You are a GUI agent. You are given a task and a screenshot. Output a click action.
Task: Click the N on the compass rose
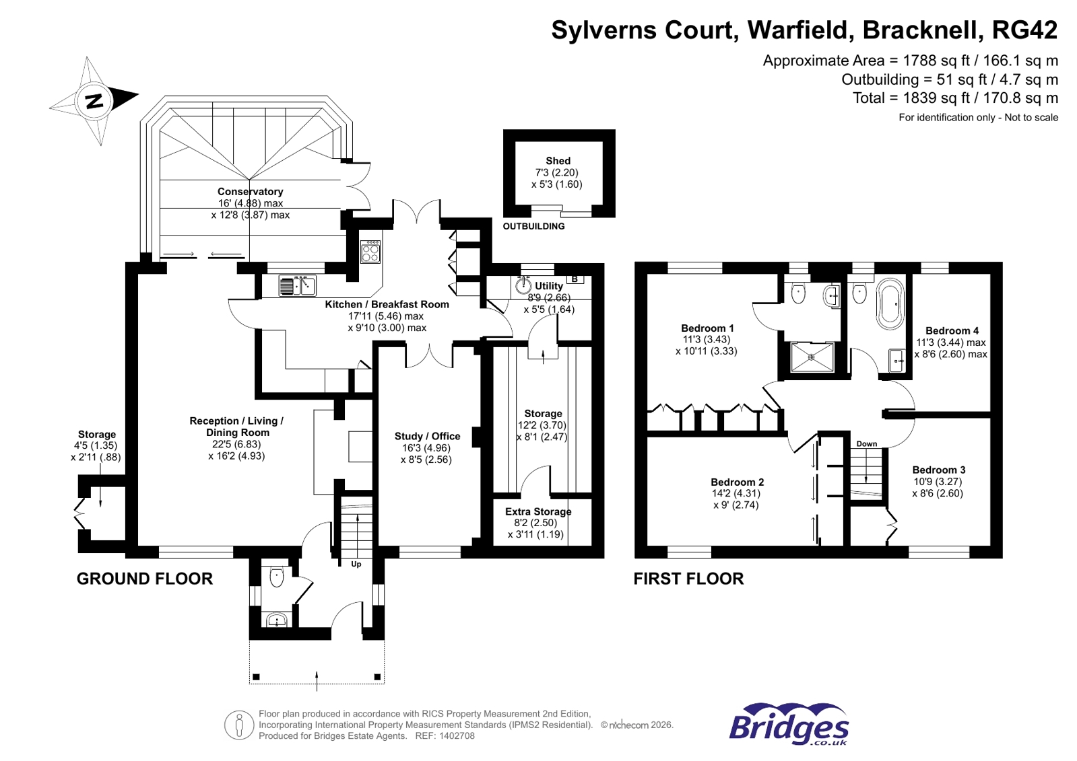tap(94, 102)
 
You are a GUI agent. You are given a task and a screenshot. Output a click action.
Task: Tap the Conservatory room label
tap(250, 192)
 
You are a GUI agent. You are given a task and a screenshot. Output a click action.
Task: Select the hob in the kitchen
tap(370, 252)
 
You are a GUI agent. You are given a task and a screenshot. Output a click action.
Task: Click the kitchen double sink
tap(298, 286)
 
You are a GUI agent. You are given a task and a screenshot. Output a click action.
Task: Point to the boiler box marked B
tap(575, 279)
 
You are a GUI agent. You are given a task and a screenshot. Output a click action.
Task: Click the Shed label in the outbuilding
tap(558, 161)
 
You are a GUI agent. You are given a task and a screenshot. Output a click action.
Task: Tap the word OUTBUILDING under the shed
tap(533, 226)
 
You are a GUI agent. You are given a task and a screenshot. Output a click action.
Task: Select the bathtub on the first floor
tap(890, 303)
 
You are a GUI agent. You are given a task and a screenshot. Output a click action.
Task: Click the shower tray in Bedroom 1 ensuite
tap(812, 357)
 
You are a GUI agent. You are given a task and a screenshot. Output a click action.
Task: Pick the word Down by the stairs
tap(866, 443)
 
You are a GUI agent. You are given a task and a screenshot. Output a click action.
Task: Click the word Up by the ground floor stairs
tap(356, 564)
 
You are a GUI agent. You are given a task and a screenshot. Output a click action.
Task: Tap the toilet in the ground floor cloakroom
tap(277, 577)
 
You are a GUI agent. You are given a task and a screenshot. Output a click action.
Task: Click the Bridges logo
tap(789, 725)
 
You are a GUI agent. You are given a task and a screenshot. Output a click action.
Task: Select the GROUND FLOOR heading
tap(144, 579)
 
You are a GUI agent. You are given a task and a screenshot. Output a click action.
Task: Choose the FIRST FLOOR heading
tap(688, 579)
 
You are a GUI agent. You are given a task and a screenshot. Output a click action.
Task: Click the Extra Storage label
tap(538, 511)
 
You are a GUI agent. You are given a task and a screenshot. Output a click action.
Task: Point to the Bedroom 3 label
tap(939, 470)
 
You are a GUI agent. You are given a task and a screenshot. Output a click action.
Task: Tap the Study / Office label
tap(427, 436)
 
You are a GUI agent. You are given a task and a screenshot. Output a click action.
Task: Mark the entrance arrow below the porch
tap(317, 680)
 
